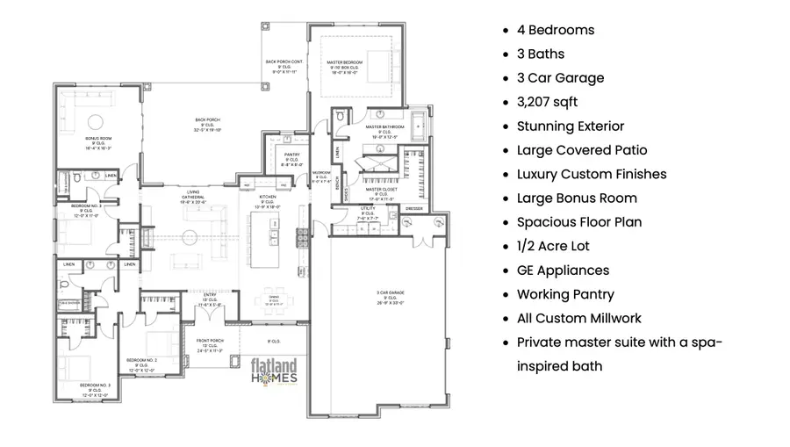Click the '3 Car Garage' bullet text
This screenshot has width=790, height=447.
click(560, 78)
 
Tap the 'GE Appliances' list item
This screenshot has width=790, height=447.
click(563, 270)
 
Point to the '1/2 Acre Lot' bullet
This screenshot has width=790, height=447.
click(557, 246)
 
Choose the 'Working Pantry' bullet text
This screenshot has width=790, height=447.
click(565, 294)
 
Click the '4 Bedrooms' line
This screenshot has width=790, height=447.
click(555, 30)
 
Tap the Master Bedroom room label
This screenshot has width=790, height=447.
click(346, 67)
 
